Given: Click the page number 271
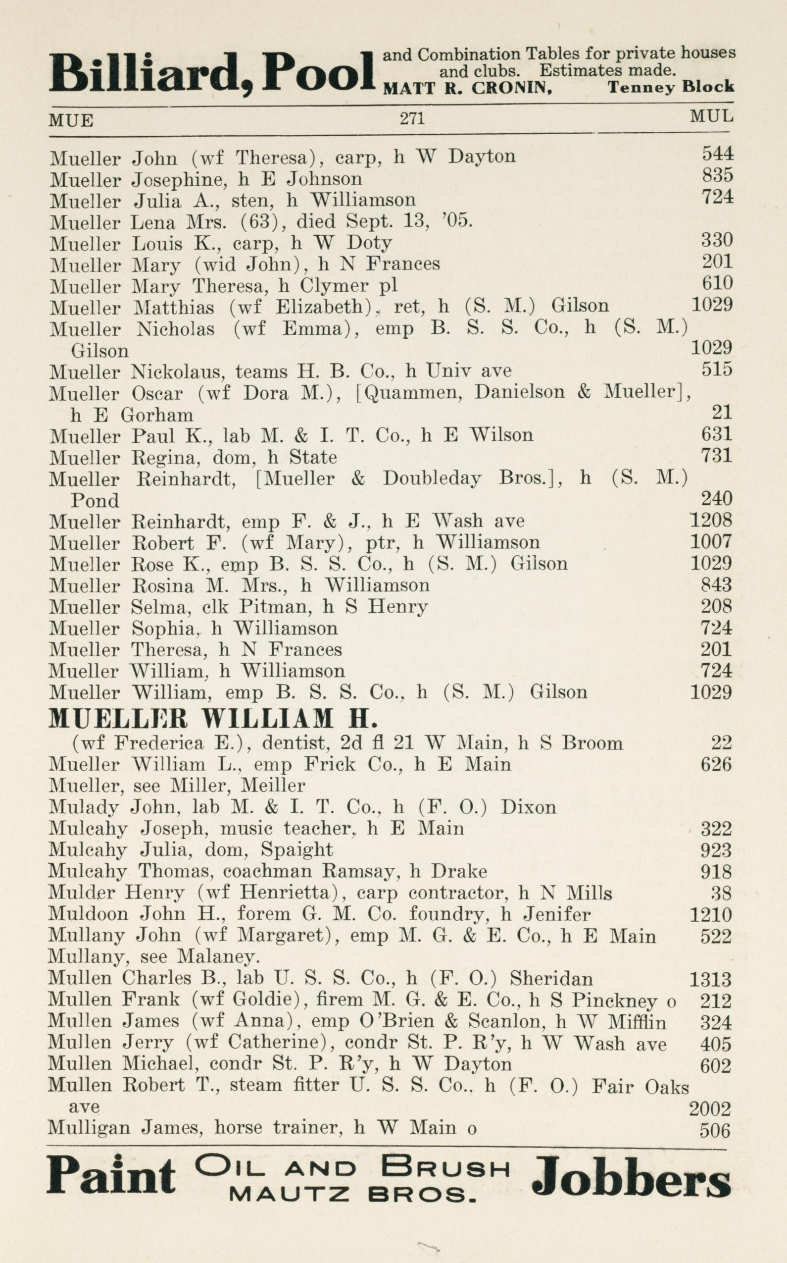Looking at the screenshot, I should click(x=412, y=119).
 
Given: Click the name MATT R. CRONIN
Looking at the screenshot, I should click(x=467, y=89).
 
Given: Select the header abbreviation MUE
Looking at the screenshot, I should click(x=71, y=121).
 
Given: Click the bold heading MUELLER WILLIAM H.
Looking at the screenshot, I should click(x=212, y=719).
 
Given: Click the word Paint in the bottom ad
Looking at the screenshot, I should click(x=111, y=1190).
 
